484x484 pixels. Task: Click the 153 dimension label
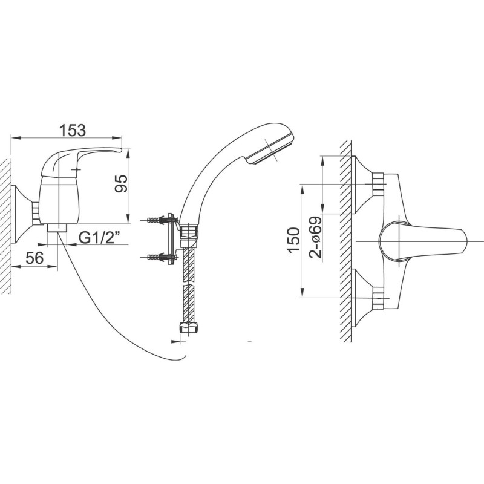coord(72,130)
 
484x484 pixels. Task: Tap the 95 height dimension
coord(121,183)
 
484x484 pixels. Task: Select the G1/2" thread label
coord(99,238)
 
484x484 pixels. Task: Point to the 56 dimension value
coord(34,258)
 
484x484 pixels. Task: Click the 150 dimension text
coord(294,240)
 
